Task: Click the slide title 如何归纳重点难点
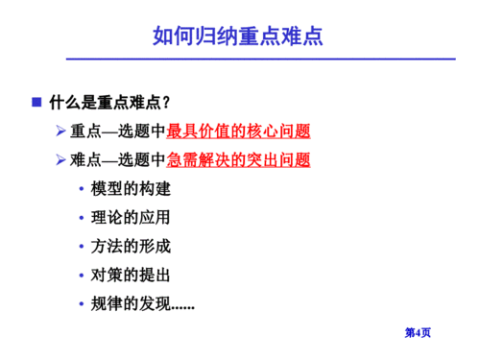pyautogui.click(x=238, y=36)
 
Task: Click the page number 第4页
pyautogui.click(x=418, y=332)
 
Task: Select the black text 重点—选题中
pyautogui.click(x=118, y=132)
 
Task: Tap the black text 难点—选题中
pyautogui.click(x=118, y=160)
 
